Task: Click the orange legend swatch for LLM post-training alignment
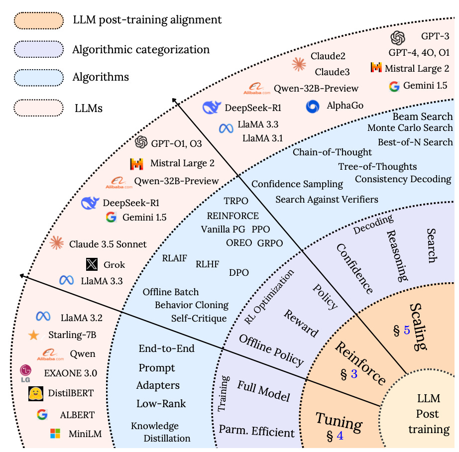point(39,20)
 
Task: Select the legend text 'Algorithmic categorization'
point(141,49)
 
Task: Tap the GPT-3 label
point(436,36)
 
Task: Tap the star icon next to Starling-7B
point(34,335)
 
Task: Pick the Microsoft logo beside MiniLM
point(55,434)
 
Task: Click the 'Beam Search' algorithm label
point(423,116)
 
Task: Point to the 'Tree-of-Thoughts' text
point(377,166)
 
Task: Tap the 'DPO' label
point(239,272)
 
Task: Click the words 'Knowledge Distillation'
point(160,432)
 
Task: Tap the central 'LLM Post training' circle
point(428,414)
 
